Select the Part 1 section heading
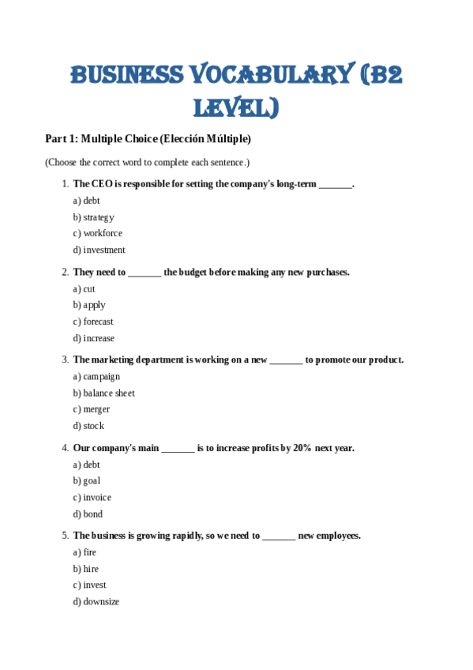tap(148, 139)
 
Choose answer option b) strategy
tap(94, 217)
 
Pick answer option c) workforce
tap(98, 234)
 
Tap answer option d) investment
tap(99, 250)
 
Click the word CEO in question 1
tap(101, 184)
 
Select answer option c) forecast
tap(93, 322)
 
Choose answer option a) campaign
tap(96, 377)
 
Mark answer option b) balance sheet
tap(104, 393)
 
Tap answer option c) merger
tap(92, 410)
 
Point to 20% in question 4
tap(302, 448)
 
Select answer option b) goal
tap(87, 481)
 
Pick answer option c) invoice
tap(92, 498)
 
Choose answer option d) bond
tap(88, 514)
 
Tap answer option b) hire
tap(86, 569)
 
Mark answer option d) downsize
tap(96, 602)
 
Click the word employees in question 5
tap(339, 536)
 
